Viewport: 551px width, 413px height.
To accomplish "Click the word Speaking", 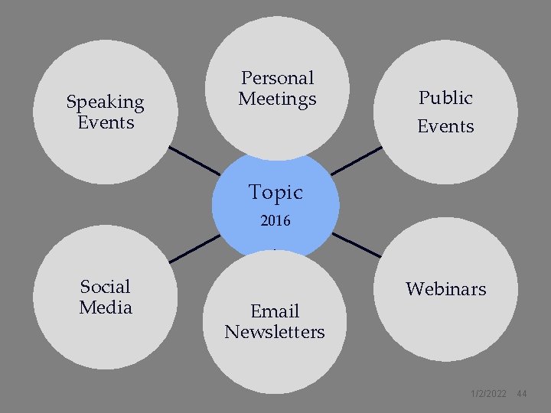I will coord(105,102).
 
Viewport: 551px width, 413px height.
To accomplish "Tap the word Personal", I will coord(277,78).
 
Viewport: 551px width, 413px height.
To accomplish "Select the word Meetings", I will coord(277,99).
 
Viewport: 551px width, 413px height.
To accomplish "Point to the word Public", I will coord(445,98).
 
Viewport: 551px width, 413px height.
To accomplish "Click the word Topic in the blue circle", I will coord(275,193).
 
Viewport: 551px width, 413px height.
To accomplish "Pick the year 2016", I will coord(275,222).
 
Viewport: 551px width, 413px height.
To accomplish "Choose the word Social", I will coord(106,287).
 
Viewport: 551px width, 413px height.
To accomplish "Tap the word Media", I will coord(106,307).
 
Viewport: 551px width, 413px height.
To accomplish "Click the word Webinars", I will coord(445,289).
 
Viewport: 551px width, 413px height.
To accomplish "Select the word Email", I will coord(275,311).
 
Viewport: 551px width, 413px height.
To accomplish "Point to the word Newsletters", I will coord(275,332).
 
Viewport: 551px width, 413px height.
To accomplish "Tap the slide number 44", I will coord(522,394).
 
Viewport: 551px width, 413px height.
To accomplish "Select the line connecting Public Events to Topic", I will coord(357,161).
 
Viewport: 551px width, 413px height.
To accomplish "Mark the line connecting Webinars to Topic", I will coord(356,245).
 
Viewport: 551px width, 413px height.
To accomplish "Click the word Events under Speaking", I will coord(106,122).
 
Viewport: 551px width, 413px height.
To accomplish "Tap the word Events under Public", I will coord(445,126).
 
